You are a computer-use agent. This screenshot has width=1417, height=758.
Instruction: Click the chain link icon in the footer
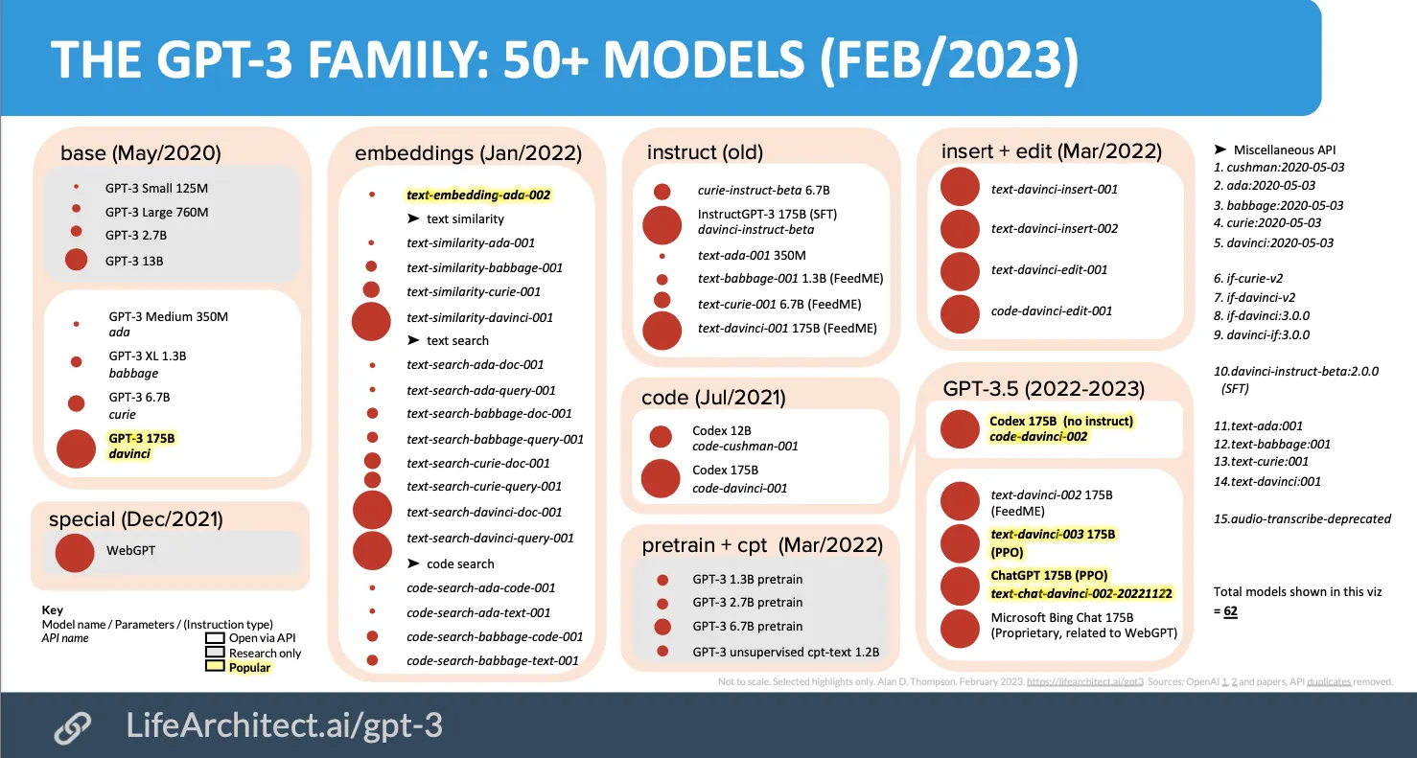73,727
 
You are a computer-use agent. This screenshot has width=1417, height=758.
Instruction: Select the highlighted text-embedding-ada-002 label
478,195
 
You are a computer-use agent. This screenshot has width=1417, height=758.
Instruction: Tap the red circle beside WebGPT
75,552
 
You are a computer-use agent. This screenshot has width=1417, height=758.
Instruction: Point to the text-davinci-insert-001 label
1054,189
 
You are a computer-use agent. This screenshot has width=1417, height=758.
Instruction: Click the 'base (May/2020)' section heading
140,153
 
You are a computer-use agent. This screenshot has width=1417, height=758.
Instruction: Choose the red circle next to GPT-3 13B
76,260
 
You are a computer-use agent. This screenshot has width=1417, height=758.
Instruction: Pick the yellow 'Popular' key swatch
215,667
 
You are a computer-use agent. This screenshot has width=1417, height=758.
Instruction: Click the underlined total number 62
1230,610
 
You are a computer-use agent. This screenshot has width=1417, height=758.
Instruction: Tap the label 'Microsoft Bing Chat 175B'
1062,617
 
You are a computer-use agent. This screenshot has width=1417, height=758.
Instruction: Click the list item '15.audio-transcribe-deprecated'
1302,518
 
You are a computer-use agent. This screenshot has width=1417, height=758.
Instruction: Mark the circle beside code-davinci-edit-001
960,312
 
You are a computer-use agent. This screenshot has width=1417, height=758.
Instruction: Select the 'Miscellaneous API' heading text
1284,149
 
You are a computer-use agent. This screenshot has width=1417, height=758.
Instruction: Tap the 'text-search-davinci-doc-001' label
484,512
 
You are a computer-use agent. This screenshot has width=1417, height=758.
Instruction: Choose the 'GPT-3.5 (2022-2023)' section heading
1043,389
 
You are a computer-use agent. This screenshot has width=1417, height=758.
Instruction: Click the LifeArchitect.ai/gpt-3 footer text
285,725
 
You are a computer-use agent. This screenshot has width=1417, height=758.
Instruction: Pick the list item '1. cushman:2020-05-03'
1278,167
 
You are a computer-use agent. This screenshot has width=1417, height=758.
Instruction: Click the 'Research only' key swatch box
215,653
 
